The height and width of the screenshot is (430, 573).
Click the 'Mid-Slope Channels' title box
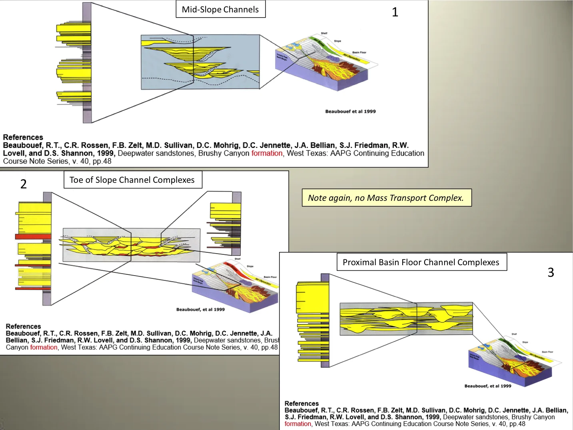point(220,9)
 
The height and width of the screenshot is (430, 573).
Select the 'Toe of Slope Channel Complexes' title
point(132,180)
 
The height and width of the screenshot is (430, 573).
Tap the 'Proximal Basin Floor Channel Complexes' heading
point(421,262)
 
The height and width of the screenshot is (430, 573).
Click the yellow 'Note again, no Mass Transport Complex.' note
point(386,198)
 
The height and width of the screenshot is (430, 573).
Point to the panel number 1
point(395,12)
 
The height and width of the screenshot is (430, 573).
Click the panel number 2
point(24,184)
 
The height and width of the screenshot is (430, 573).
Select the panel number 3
point(551,272)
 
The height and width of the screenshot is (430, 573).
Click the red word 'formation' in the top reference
point(267,153)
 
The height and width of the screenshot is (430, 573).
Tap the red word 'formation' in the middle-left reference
point(44,347)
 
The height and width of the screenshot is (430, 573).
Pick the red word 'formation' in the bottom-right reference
point(298,424)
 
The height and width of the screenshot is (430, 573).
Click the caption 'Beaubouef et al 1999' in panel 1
point(350,111)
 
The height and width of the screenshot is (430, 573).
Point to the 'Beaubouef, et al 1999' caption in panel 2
point(200,309)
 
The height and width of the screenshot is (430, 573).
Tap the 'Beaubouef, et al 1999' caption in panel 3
point(487,386)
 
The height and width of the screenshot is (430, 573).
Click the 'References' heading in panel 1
point(23,137)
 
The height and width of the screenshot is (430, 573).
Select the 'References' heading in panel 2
point(23,326)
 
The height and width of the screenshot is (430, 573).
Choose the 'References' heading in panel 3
point(301,404)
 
